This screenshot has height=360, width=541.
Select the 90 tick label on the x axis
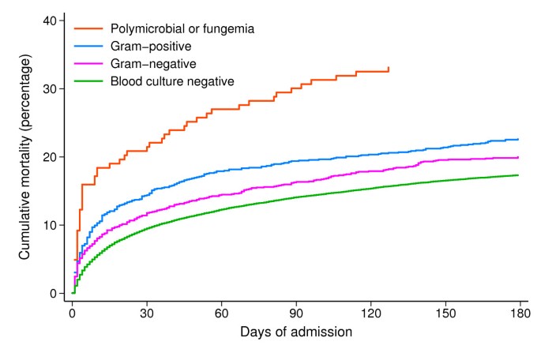[x=295, y=312]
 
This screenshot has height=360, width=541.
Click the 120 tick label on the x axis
[x=370, y=312]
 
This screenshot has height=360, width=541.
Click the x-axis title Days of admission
[x=295, y=332]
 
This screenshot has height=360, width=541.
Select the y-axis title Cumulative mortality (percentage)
[x=24, y=157]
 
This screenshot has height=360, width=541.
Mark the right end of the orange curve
[x=389, y=68]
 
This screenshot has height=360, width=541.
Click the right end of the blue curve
[x=519, y=139]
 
